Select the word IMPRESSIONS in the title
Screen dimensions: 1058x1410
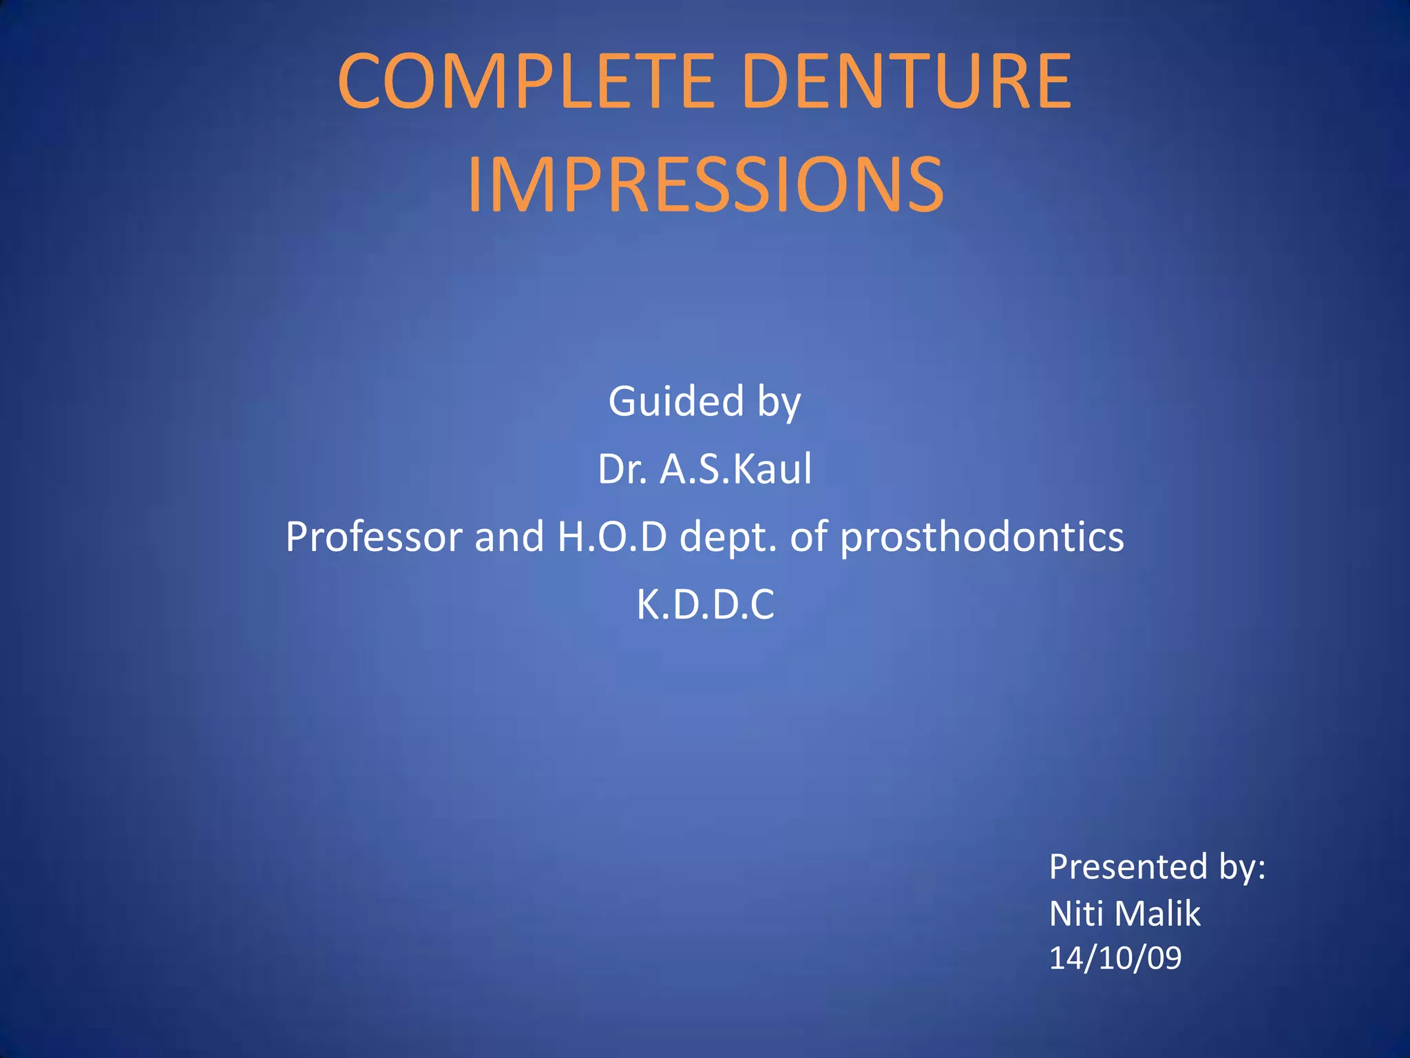click(705, 185)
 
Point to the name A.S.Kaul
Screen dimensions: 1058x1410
click(735, 469)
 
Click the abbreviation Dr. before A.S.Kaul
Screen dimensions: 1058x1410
click(622, 469)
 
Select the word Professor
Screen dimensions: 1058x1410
click(374, 537)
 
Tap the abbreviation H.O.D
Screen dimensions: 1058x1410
click(612, 537)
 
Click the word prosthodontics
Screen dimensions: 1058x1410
click(982, 537)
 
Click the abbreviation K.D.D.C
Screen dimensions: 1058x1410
click(705, 605)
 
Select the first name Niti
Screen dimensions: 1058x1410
click(1076, 913)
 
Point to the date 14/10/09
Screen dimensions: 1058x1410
click(1115, 958)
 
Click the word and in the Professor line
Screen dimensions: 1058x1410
click(509, 537)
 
